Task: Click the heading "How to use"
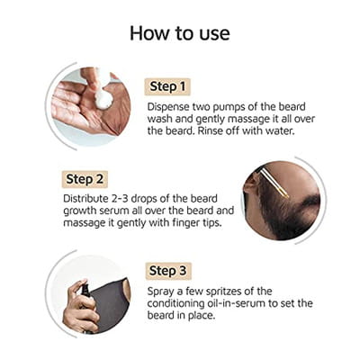tap(180, 33)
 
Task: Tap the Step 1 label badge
tap(167, 86)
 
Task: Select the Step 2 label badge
tap(85, 179)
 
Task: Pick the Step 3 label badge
tap(168, 271)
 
